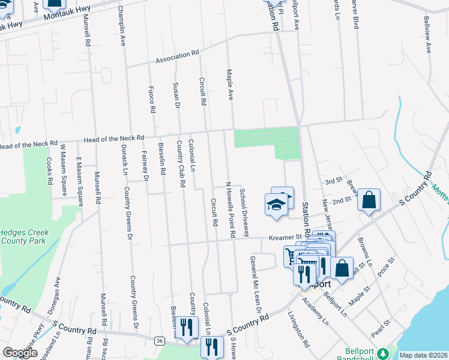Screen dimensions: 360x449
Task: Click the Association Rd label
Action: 177,56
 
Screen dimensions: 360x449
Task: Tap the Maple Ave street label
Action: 229,84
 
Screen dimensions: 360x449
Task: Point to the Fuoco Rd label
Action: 152,100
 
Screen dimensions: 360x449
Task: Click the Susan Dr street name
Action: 176,95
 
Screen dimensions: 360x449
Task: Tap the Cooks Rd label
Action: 49,172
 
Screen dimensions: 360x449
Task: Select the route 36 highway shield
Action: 159,341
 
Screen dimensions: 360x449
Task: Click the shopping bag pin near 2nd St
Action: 369,201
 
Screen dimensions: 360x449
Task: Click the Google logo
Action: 20,353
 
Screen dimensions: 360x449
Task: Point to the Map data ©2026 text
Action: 423,355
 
